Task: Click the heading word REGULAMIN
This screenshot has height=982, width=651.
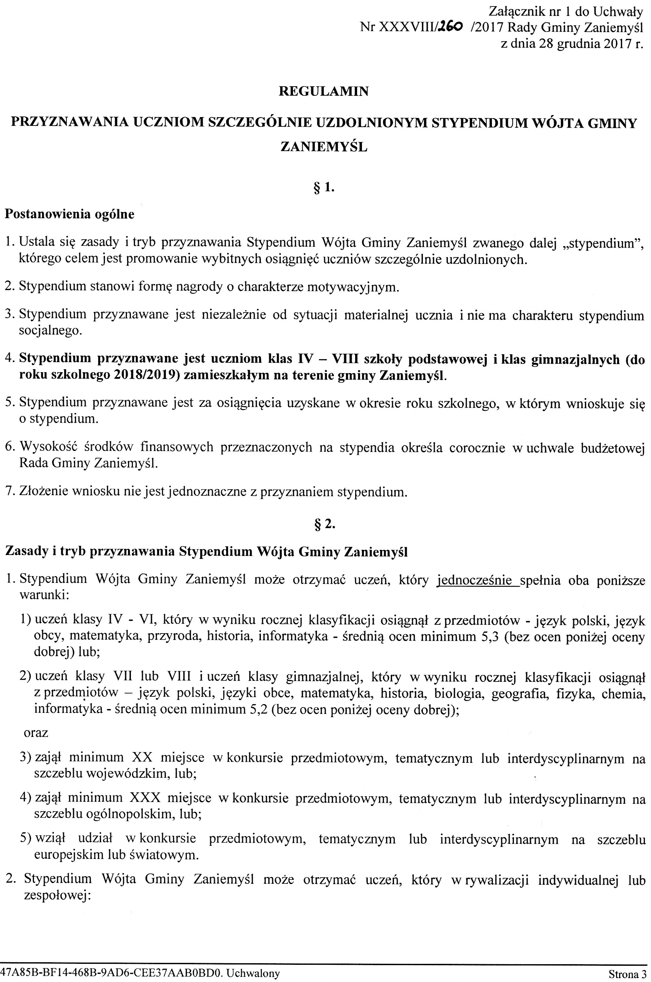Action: pos(323,91)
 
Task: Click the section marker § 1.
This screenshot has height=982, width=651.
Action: pos(323,188)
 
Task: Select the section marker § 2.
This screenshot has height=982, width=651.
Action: pos(323,525)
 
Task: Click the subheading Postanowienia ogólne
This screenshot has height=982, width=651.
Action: pos(69,214)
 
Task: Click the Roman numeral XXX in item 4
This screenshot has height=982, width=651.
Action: pos(145,798)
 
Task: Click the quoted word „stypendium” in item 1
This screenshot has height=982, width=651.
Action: pos(603,243)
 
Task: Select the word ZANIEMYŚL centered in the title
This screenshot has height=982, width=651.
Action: pos(323,148)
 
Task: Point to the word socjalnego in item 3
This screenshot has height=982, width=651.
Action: pos(49,331)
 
